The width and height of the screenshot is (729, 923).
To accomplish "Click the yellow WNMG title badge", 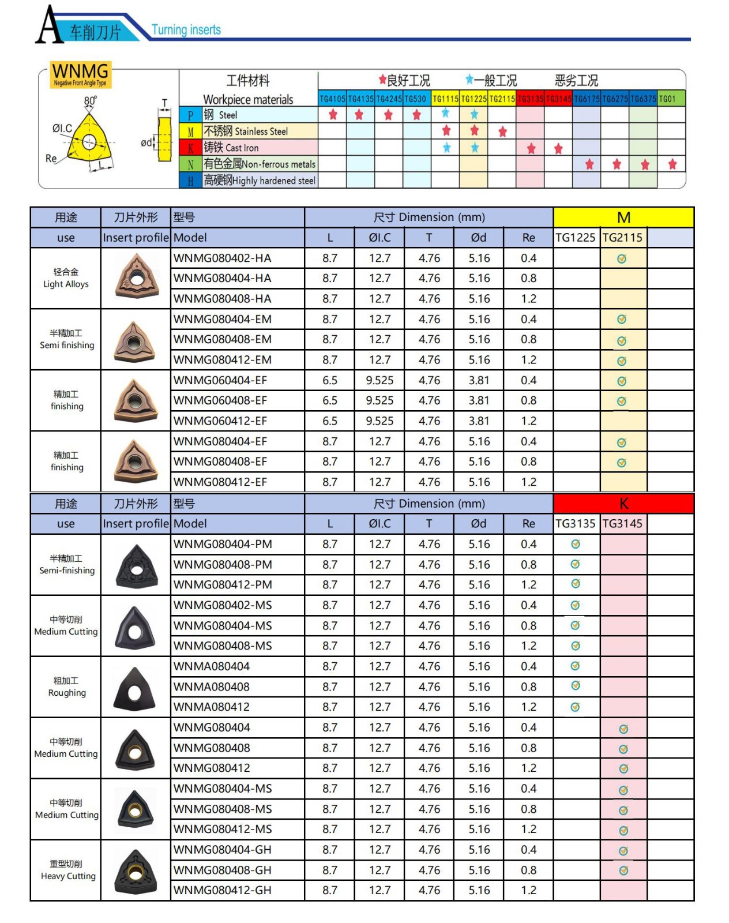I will pos(80,74).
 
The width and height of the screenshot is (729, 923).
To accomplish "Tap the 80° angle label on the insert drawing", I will pos(91,101).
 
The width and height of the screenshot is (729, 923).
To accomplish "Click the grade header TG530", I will pos(415,99).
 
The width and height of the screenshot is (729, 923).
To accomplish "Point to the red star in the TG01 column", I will pos(672,164).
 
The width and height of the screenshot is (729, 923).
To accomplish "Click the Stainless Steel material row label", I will pos(245,132).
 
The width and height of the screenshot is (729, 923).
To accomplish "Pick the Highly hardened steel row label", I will pos(259,181).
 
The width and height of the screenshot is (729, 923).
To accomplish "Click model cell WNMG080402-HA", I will pos(223,258).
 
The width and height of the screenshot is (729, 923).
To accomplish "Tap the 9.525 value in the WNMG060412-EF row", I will pos(379,421).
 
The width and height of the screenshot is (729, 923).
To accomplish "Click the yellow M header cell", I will pos(623,217).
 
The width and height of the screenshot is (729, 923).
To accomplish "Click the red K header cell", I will pos(623,504).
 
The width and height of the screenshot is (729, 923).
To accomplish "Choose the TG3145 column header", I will pos(622,524).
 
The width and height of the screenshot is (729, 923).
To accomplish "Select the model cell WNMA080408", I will pos(212,686).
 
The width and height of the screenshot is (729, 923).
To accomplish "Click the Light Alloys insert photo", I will pos(136,277).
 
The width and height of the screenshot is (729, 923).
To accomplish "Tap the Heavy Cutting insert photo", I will pos(136,871).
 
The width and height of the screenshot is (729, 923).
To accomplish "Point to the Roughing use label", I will pos(66,687).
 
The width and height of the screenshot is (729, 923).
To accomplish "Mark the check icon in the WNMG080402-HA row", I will pos(622,259).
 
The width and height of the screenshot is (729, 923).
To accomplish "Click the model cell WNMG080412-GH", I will pos(223,890).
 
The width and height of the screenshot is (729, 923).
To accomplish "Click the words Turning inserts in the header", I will pos(186,30).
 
